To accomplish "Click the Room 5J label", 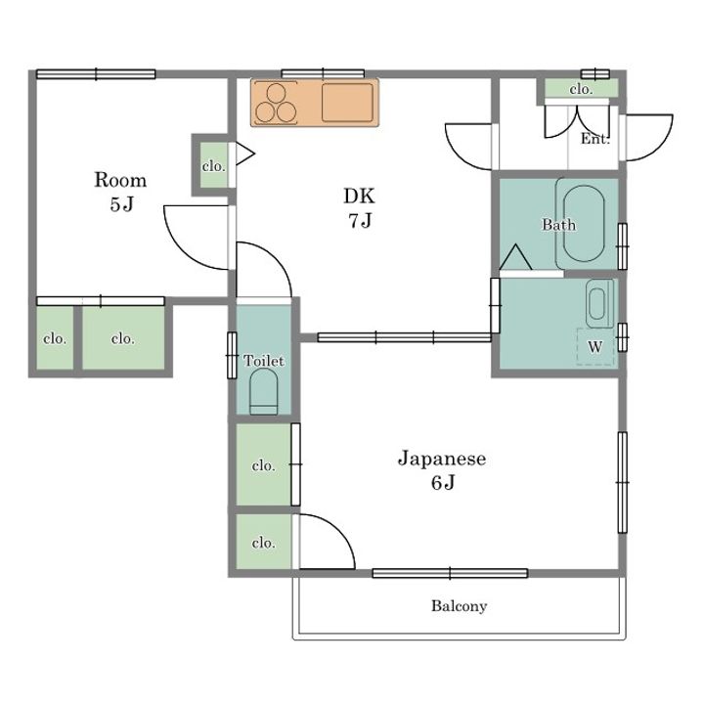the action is tap(120, 192).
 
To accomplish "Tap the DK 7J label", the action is tap(359, 207).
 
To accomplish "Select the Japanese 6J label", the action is tap(442, 470).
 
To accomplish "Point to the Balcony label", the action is tap(459, 605).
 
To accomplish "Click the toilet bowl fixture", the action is tap(264, 391).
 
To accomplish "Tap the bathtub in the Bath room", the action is tap(584, 224).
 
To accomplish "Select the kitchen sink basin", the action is tap(347, 103).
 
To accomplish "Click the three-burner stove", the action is tap(275, 103).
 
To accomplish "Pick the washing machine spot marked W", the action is tap(595, 346).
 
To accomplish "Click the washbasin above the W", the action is tap(599, 303).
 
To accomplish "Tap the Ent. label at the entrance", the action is tap(595, 139).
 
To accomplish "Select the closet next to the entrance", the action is tap(582, 88).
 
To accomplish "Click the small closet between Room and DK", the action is tap(214, 165).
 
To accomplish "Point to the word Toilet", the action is tap(264, 361).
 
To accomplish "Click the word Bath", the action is tap(558, 224).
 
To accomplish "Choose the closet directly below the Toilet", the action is tap(264, 464).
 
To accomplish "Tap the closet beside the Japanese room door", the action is tap(264, 542).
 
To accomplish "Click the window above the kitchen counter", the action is tap(323, 73).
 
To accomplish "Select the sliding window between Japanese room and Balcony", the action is tap(450, 573).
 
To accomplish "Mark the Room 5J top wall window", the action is tap(96, 74).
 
